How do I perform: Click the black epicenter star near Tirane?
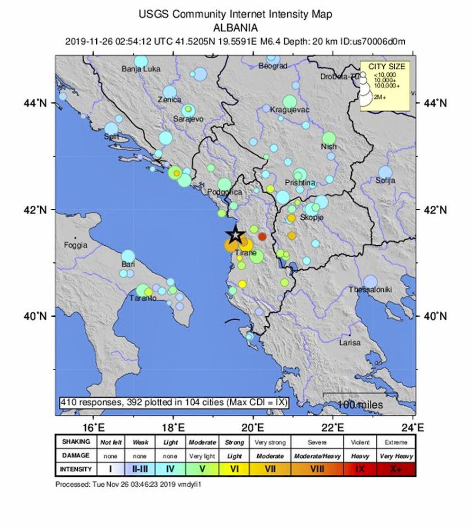click(x=235, y=234)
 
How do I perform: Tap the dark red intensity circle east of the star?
click(x=262, y=237)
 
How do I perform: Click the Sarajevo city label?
click(x=188, y=119)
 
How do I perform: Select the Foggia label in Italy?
click(x=76, y=245)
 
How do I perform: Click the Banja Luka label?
click(x=141, y=69)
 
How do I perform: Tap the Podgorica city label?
click(x=225, y=192)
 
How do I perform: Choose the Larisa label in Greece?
click(x=350, y=342)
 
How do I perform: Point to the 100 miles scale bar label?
click(x=360, y=405)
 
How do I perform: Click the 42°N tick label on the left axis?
click(x=37, y=209)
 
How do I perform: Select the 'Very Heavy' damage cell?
click(x=396, y=456)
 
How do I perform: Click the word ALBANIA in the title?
click(x=235, y=27)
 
